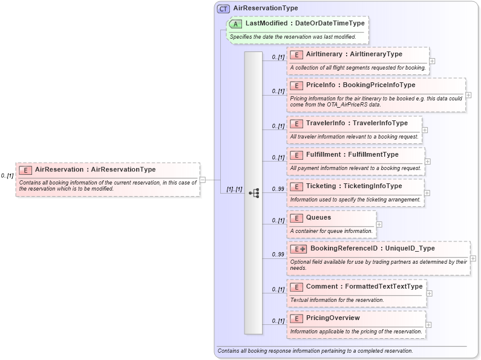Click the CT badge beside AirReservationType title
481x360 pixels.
point(223,8)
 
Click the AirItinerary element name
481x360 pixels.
point(354,54)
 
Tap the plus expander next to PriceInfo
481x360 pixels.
point(468,95)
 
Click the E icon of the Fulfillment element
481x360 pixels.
point(296,155)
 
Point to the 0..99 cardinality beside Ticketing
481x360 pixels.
point(278,189)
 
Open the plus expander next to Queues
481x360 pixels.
point(379,224)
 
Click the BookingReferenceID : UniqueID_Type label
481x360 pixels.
point(372,249)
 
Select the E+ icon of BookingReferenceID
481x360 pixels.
point(298,249)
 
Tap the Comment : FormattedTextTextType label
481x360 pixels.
point(364,287)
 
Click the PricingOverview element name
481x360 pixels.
point(333,318)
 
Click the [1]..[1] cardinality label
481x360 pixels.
point(234,189)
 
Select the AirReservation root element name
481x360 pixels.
point(95,170)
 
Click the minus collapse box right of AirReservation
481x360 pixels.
point(202,179)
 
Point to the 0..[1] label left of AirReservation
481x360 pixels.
point(7,175)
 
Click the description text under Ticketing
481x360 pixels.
point(355,200)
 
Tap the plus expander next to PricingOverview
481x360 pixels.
point(429,325)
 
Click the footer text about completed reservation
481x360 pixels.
point(315,351)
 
